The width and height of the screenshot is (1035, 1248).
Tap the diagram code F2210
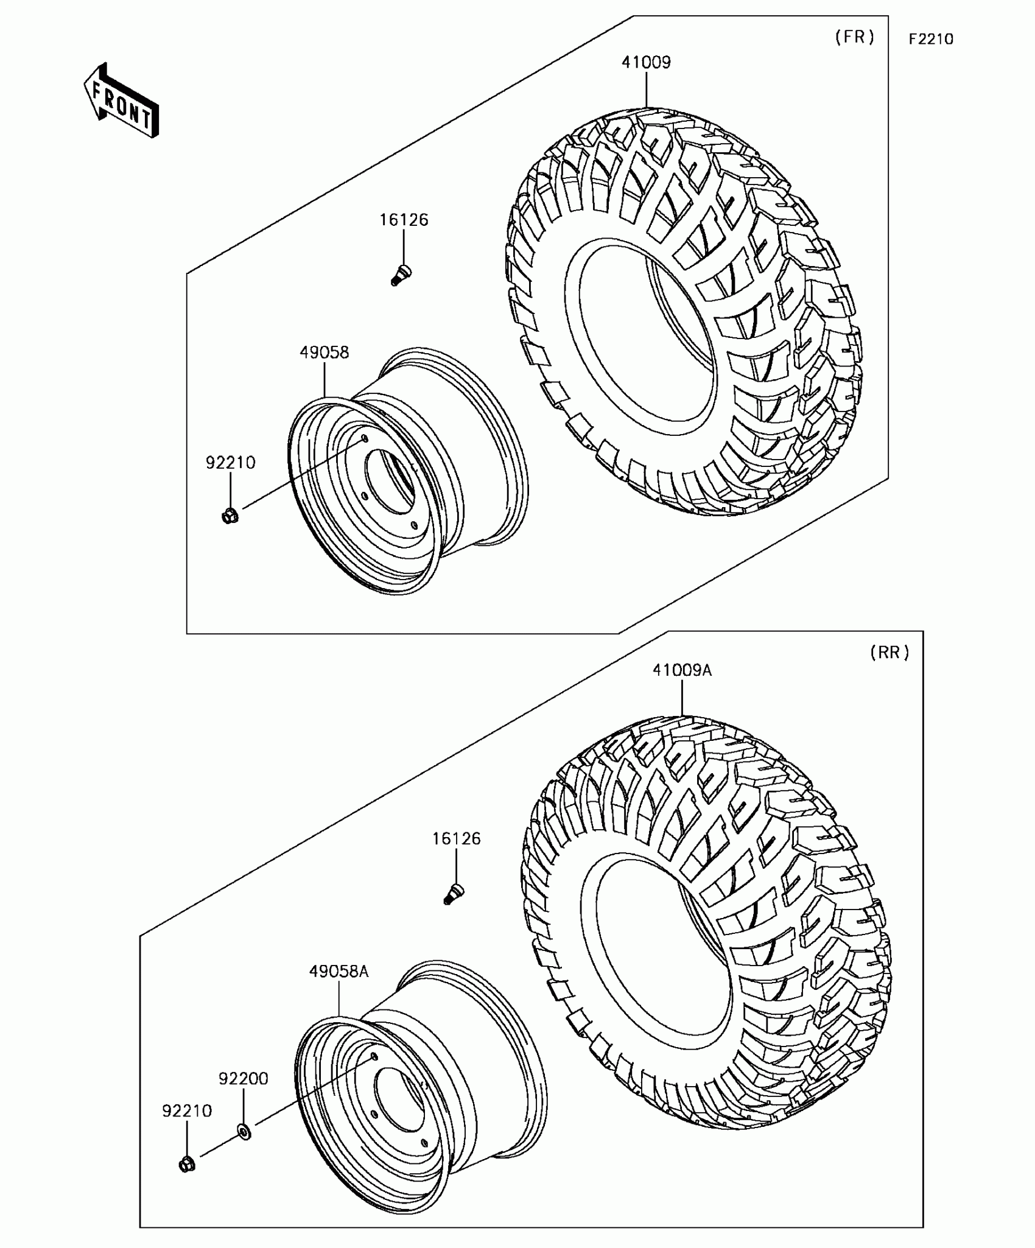[x=931, y=39]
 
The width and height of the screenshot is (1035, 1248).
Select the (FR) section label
[x=855, y=37]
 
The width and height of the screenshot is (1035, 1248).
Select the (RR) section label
[x=889, y=653]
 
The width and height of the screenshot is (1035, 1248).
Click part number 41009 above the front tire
[x=646, y=62]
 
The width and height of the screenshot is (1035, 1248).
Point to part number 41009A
[x=682, y=670]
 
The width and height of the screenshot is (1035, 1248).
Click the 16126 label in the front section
[x=404, y=220]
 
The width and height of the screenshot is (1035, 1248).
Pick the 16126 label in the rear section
[x=456, y=839]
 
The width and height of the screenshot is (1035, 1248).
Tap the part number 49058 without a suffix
[x=324, y=352]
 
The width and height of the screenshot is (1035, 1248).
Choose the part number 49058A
[x=339, y=971]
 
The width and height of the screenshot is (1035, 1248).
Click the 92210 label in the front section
[x=230, y=463]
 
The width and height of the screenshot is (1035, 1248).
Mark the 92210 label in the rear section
[x=187, y=1111]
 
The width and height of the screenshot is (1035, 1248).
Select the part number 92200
[x=244, y=1079]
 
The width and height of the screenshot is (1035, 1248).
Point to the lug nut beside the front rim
[x=230, y=516]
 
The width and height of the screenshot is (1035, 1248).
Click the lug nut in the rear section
[x=187, y=1164]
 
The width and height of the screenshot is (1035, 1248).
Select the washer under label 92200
[x=244, y=1132]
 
